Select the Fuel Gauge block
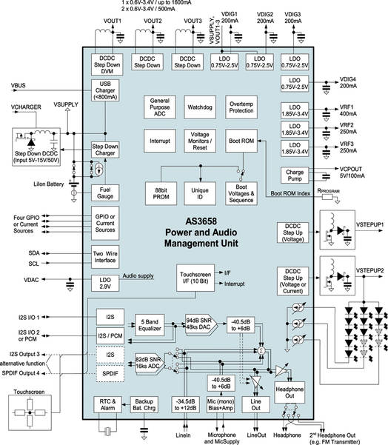pyautogui.click(x=105, y=193)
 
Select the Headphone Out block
pyautogui.click(x=284, y=392)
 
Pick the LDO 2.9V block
pyautogui.click(x=105, y=282)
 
